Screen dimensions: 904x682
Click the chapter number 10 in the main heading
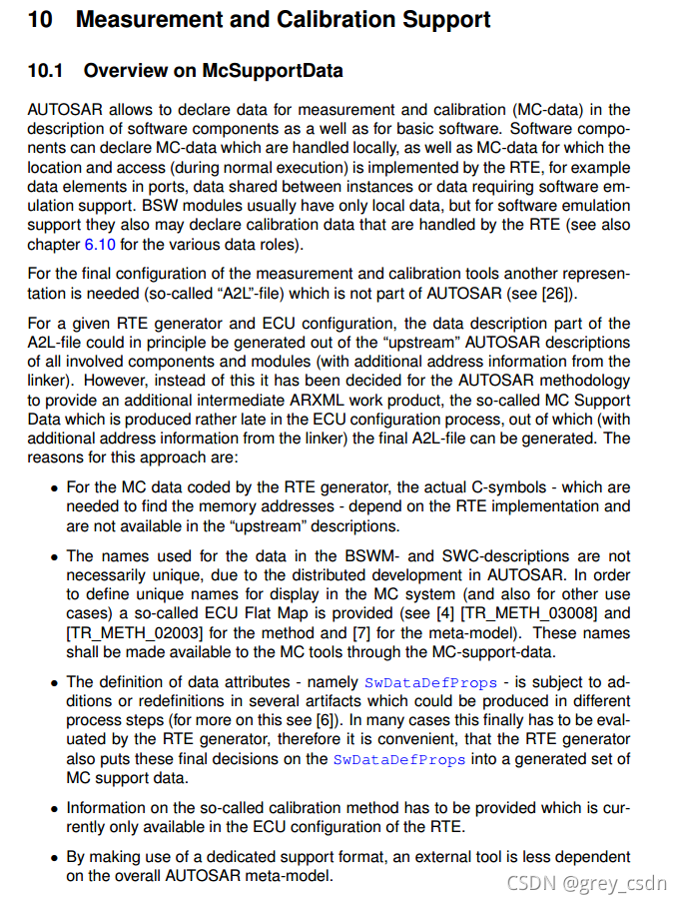pos(40,19)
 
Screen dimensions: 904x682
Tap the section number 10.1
pos(45,70)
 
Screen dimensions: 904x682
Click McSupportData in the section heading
pos(273,70)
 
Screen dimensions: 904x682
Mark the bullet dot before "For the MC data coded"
pos(54,488)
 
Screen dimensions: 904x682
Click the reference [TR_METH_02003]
pos(134,632)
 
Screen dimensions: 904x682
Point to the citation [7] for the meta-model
pos(362,632)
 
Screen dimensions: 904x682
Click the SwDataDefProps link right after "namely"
pos(430,682)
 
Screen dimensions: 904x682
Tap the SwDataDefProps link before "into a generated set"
pos(398,759)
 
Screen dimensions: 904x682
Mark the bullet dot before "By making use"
pos(54,857)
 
